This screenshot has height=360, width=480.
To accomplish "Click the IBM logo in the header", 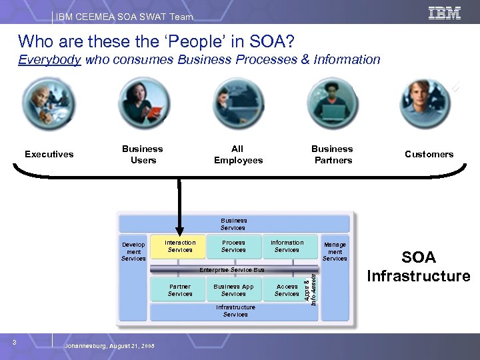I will click(445, 13).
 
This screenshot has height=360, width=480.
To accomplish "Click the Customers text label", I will click(429, 154).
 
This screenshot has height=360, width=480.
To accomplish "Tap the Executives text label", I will click(49, 154).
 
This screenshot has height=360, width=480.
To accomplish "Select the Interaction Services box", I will click(180, 247).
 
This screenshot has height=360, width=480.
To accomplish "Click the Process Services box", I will click(233, 247).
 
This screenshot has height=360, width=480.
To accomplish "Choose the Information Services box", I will click(287, 247).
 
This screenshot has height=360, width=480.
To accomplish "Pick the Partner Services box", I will click(180, 290).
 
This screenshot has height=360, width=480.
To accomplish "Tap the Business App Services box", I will click(233, 290).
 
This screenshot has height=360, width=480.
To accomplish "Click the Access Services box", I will click(287, 290).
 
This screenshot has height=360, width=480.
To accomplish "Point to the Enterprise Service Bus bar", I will click(233, 270).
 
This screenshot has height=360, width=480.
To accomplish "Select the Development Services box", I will click(133, 252).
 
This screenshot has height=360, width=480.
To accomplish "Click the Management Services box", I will click(335, 252).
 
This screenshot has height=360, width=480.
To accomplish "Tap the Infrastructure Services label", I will click(235, 311).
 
